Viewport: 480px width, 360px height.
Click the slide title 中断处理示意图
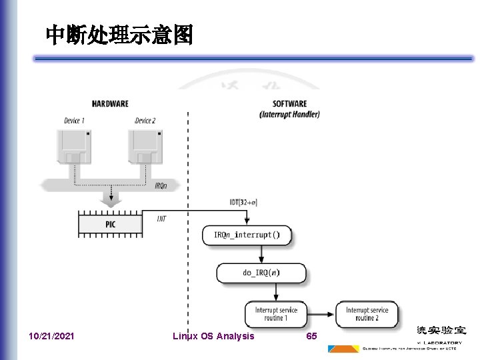click(x=119, y=35)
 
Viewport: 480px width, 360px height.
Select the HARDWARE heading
click(x=110, y=104)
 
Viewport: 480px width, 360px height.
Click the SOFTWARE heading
click(x=289, y=104)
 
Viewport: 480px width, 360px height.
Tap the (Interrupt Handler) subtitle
click(x=289, y=114)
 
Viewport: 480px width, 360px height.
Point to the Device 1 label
click(x=75, y=121)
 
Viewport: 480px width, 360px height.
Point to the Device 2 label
click(x=145, y=121)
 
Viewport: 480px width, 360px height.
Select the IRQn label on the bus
click(x=161, y=186)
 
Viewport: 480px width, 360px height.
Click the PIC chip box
click(x=110, y=225)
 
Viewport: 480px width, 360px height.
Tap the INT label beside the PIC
click(x=161, y=218)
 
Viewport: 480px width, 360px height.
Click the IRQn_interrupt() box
click(x=247, y=235)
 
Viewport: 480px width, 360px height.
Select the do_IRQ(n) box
click(x=261, y=273)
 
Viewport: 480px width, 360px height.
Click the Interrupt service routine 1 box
click(x=275, y=314)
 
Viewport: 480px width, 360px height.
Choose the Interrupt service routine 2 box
click(x=367, y=314)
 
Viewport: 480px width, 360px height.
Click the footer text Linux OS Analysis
click(x=213, y=336)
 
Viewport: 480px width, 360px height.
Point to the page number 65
click(x=311, y=336)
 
